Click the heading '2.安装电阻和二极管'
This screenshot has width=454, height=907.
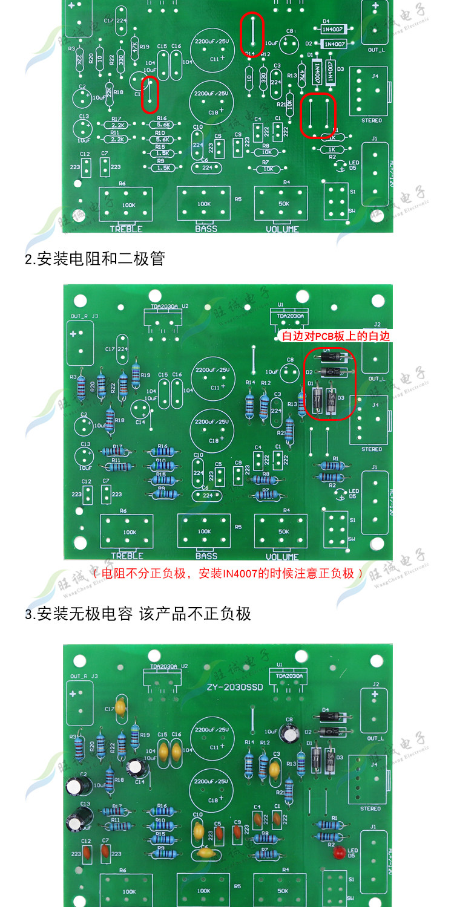(x=94, y=259)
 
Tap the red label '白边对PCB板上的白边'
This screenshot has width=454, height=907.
(x=334, y=336)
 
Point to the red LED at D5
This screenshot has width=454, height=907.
(x=340, y=854)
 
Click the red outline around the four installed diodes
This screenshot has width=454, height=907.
(x=331, y=384)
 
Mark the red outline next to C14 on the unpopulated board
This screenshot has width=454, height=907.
(x=150, y=94)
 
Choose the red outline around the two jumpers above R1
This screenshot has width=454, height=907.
(x=318, y=115)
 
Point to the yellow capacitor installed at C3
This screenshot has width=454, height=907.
(x=275, y=770)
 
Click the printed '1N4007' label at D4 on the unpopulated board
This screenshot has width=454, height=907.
(x=334, y=28)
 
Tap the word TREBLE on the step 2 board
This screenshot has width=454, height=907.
(x=126, y=556)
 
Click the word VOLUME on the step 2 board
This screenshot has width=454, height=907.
(x=283, y=556)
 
